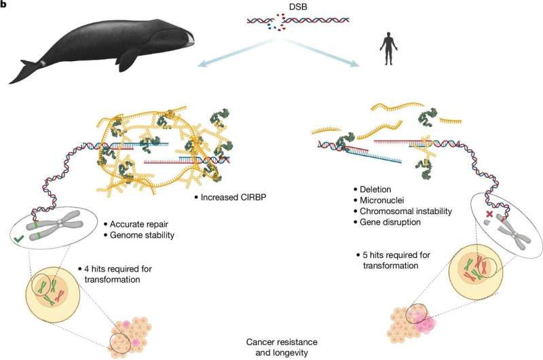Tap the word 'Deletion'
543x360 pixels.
[377, 188]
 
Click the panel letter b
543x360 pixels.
[4, 5]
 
